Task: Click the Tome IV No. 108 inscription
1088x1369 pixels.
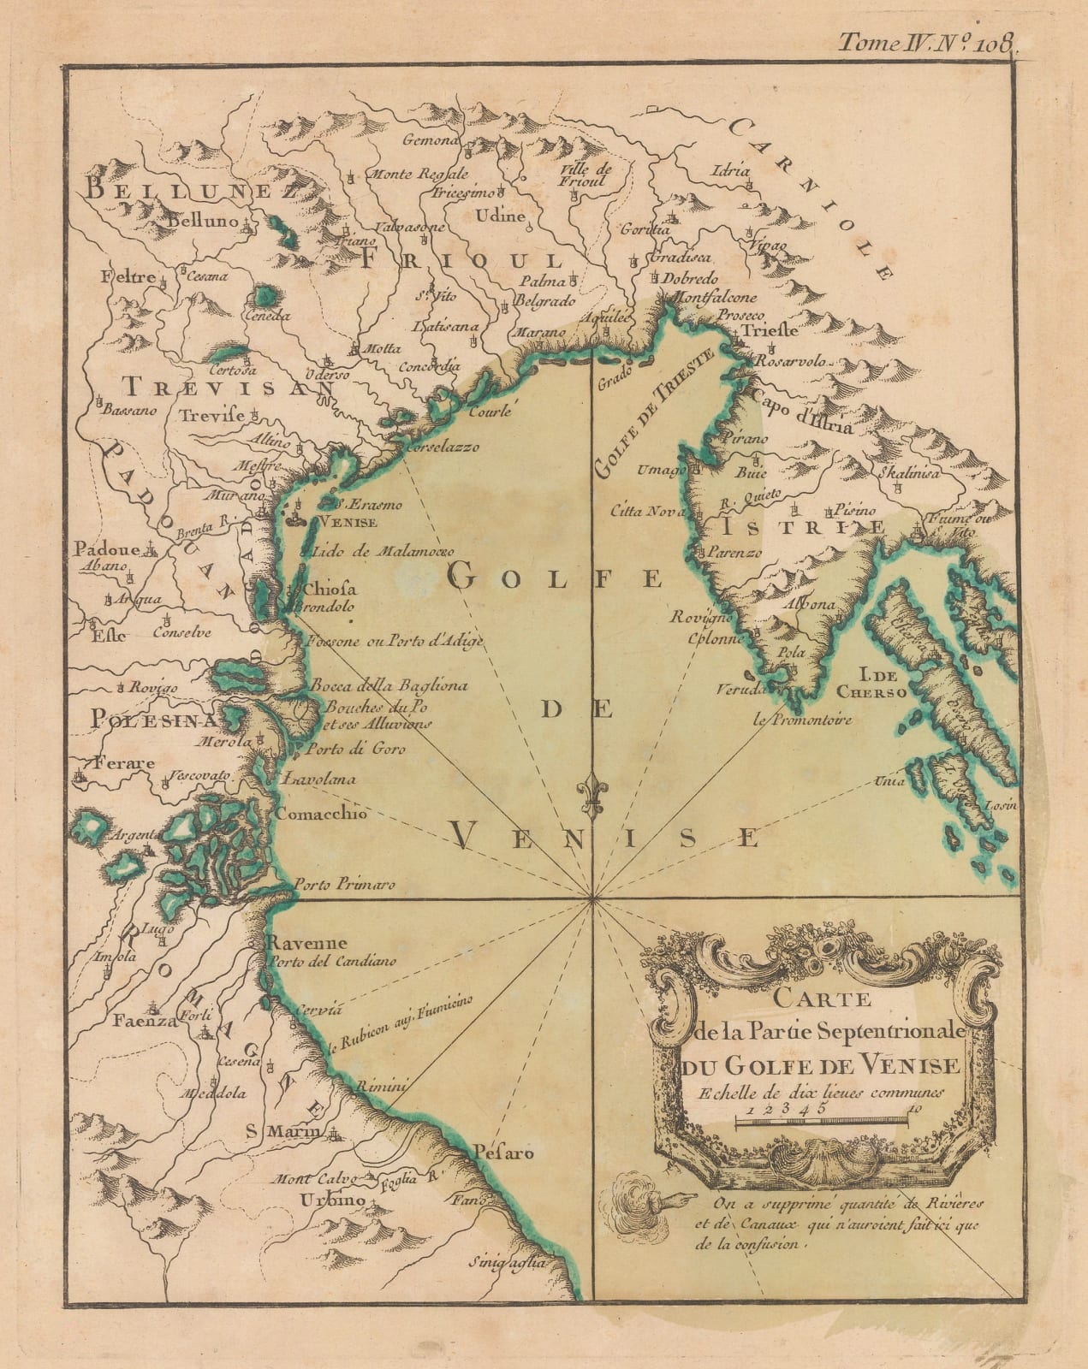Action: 926,39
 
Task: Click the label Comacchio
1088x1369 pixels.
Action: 321,814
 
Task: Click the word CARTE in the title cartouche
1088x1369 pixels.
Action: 821,999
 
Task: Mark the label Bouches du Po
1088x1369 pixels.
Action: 370,707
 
